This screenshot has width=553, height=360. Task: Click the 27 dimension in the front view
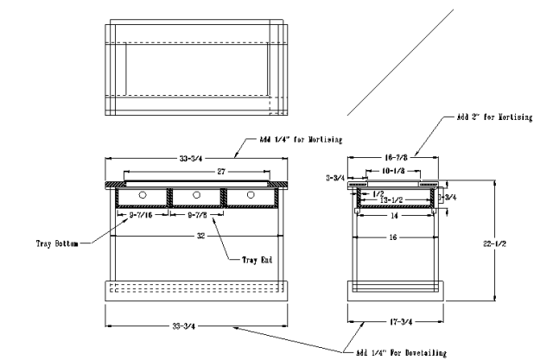(x=197, y=171)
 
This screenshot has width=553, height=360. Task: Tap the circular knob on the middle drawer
(x=197, y=195)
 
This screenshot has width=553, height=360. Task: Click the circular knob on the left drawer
(x=142, y=195)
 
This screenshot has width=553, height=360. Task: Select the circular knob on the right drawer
(x=251, y=195)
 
